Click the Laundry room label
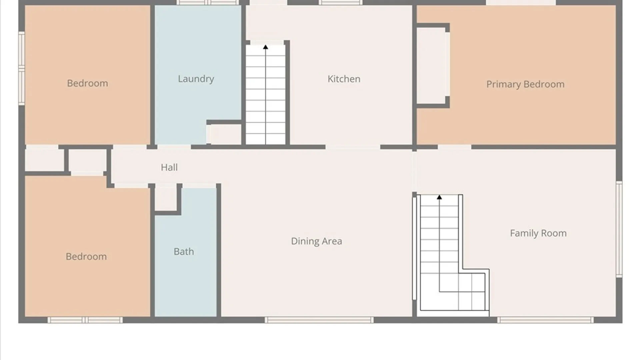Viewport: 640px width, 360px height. point(196,79)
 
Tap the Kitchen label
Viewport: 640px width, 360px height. point(344,79)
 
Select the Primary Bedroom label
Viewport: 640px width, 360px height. point(525,84)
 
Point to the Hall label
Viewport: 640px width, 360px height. point(169,167)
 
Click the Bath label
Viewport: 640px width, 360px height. point(184,252)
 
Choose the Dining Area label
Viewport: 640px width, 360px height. point(316,241)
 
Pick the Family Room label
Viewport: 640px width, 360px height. point(538,233)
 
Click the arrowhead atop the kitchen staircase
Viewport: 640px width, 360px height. point(266,47)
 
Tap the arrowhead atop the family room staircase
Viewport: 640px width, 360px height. point(439,197)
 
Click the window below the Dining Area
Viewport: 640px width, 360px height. point(319,320)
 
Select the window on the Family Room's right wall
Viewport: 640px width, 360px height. point(619,229)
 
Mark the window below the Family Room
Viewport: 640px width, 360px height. point(545,320)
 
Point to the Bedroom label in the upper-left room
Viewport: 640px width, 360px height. point(87,83)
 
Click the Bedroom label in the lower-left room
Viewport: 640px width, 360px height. point(86,257)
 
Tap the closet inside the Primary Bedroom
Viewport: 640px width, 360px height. point(431,66)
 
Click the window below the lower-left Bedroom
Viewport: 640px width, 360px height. point(85,320)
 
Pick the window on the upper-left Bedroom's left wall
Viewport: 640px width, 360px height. point(22,68)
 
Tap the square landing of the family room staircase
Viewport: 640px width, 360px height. point(471,292)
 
